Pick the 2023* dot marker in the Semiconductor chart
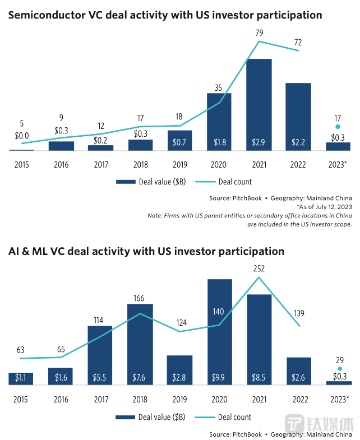point(338,127)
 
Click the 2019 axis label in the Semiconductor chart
point(180,166)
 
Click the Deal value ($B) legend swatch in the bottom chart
point(126,417)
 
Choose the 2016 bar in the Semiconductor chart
point(61,146)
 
